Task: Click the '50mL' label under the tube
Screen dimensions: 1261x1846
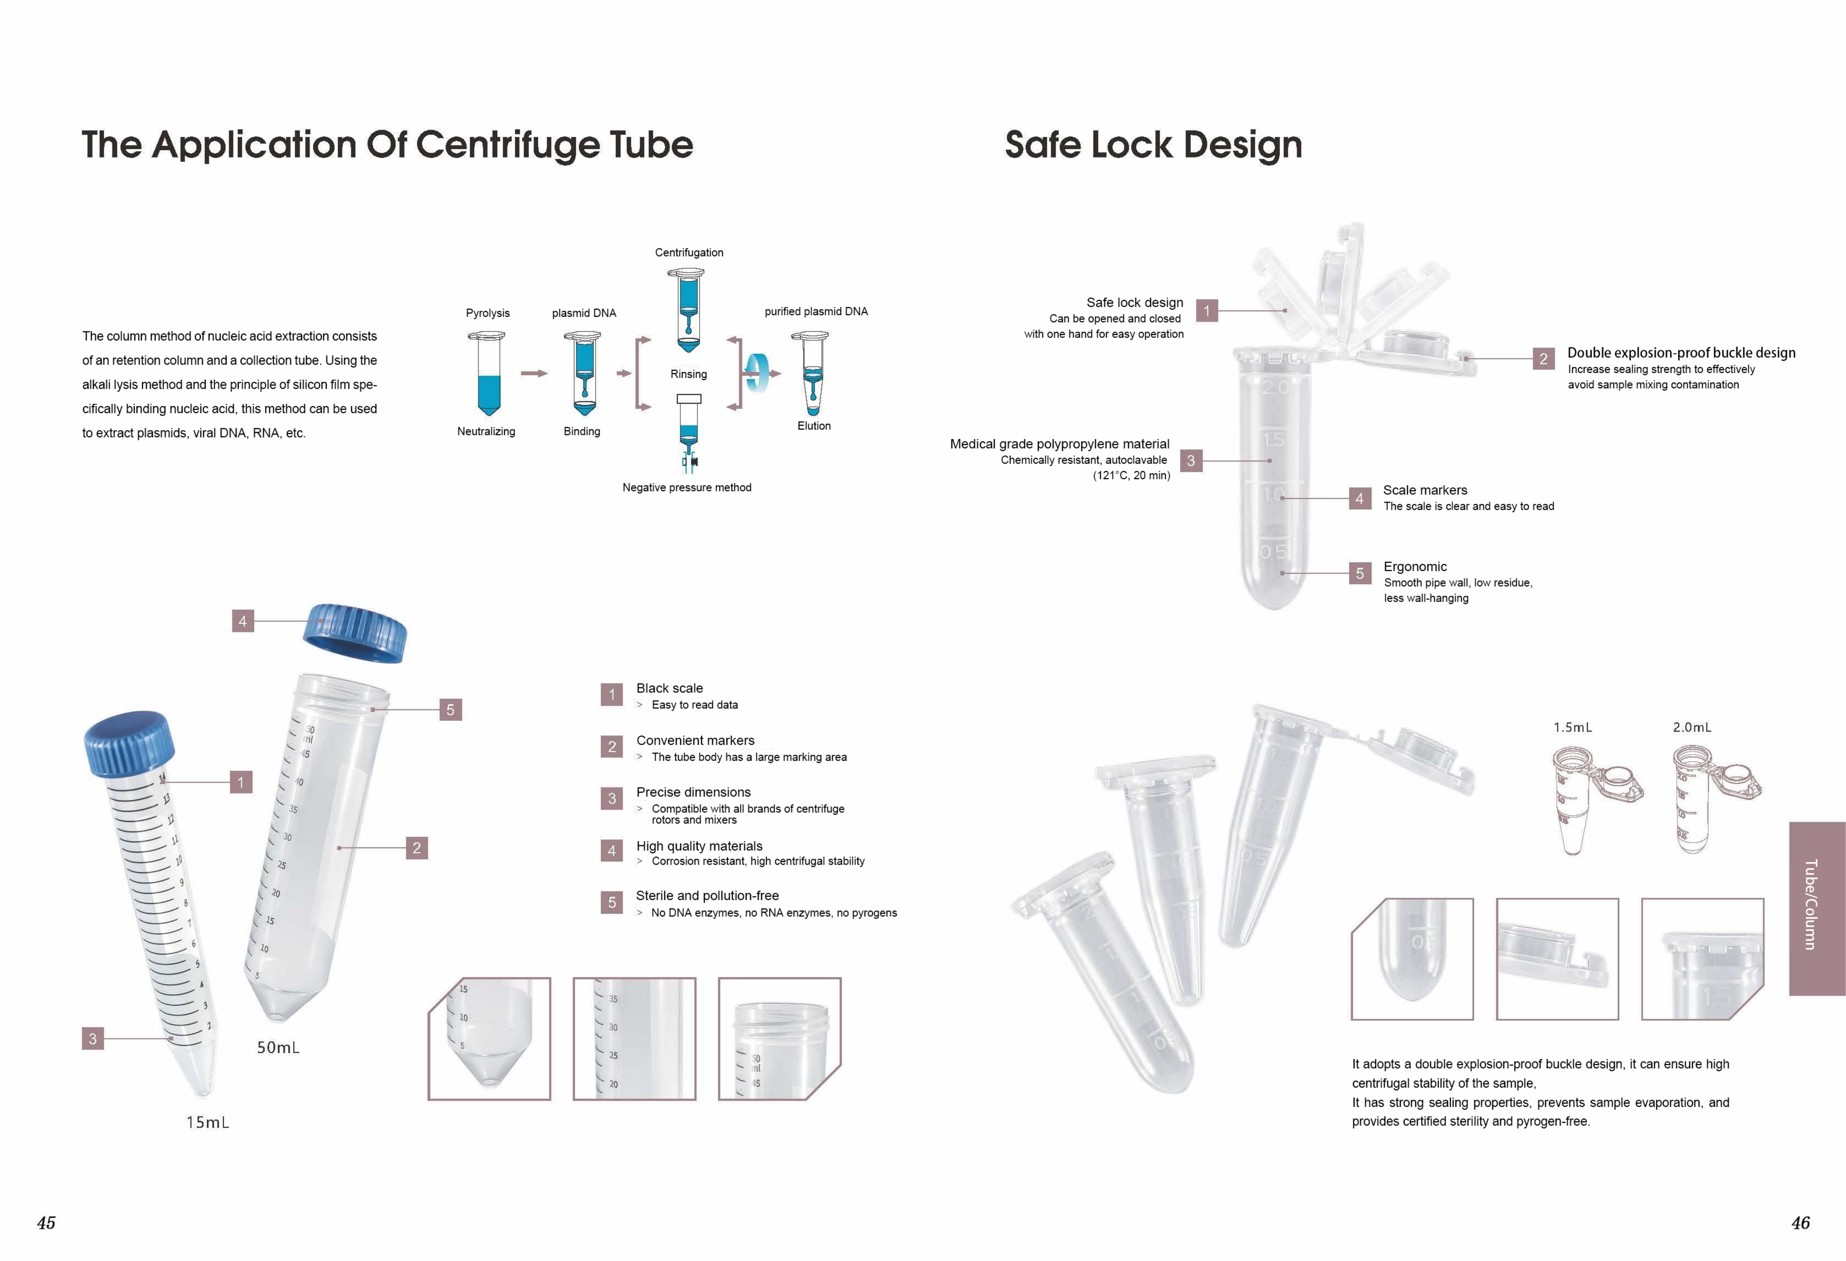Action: (278, 1047)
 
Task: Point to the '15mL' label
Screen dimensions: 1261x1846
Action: (207, 1122)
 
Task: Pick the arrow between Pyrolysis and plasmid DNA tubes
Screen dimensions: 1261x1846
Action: (534, 373)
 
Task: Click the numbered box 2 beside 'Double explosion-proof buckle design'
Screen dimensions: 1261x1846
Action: (1543, 359)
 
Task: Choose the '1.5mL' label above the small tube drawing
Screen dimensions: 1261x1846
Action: (1573, 727)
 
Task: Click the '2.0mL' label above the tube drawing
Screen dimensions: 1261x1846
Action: (1692, 727)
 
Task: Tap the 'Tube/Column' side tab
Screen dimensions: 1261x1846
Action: (1817, 908)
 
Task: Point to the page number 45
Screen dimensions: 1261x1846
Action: (46, 1223)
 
